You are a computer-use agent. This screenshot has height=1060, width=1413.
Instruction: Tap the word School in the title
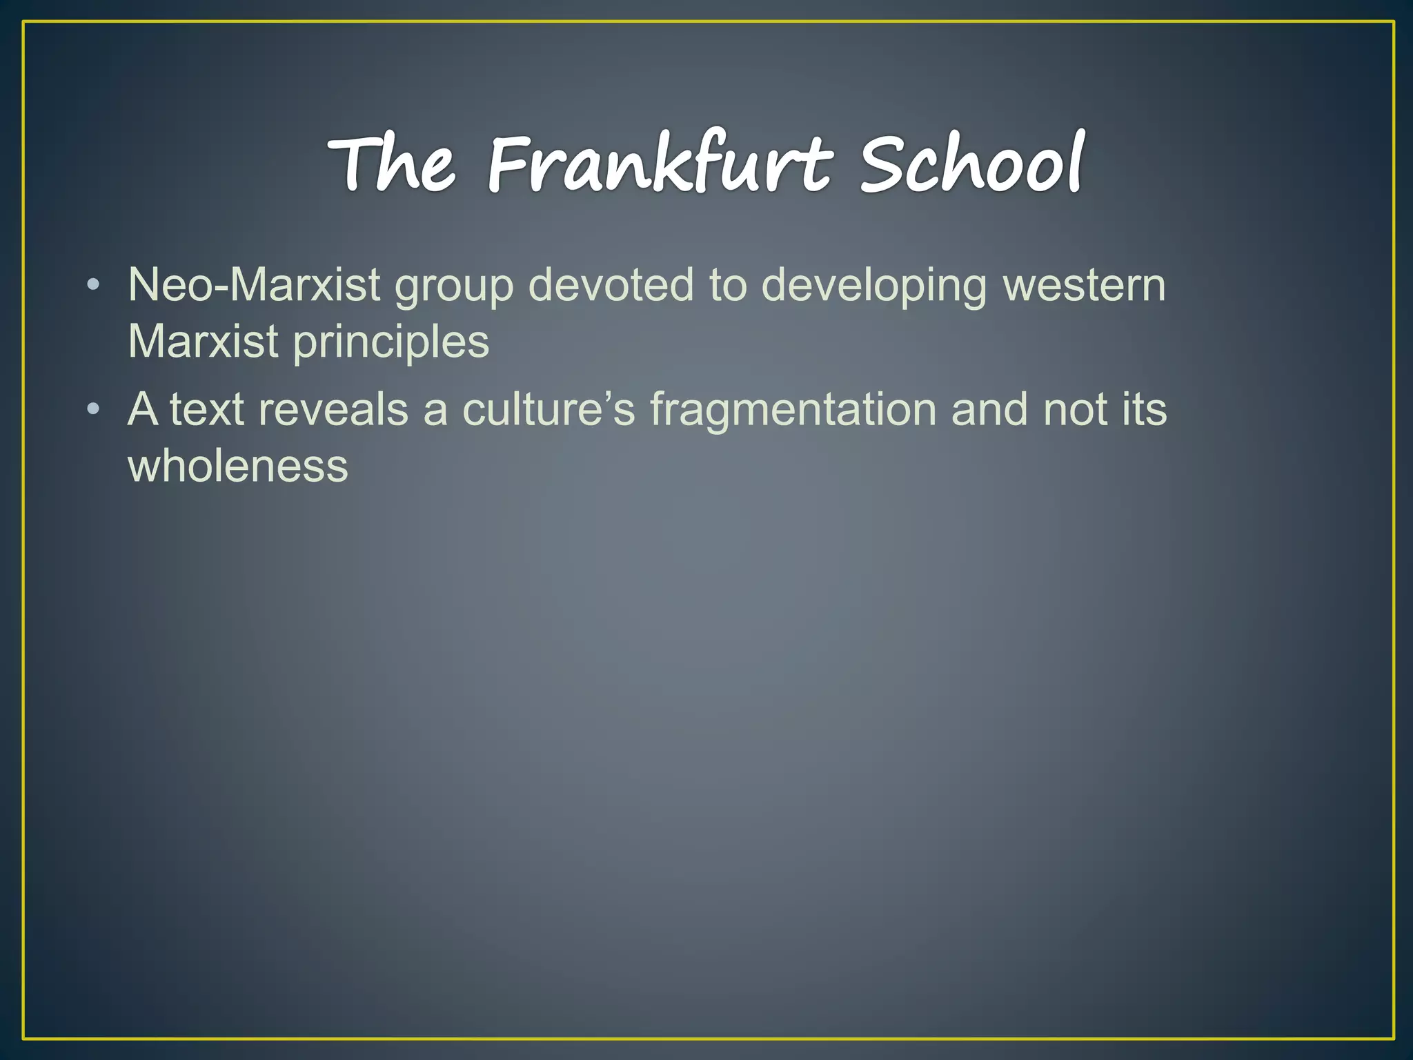point(972,164)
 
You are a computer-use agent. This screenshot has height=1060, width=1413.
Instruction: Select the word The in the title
point(392,164)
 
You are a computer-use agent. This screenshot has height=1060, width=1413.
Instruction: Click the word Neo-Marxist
point(254,285)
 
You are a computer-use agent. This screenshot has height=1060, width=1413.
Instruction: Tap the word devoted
point(611,285)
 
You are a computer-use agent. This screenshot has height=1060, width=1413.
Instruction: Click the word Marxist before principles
point(203,342)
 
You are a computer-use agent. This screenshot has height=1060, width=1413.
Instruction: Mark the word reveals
point(333,410)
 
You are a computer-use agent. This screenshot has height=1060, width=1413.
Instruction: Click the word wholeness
point(238,466)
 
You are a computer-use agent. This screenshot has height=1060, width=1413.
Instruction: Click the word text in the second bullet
point(207,410)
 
